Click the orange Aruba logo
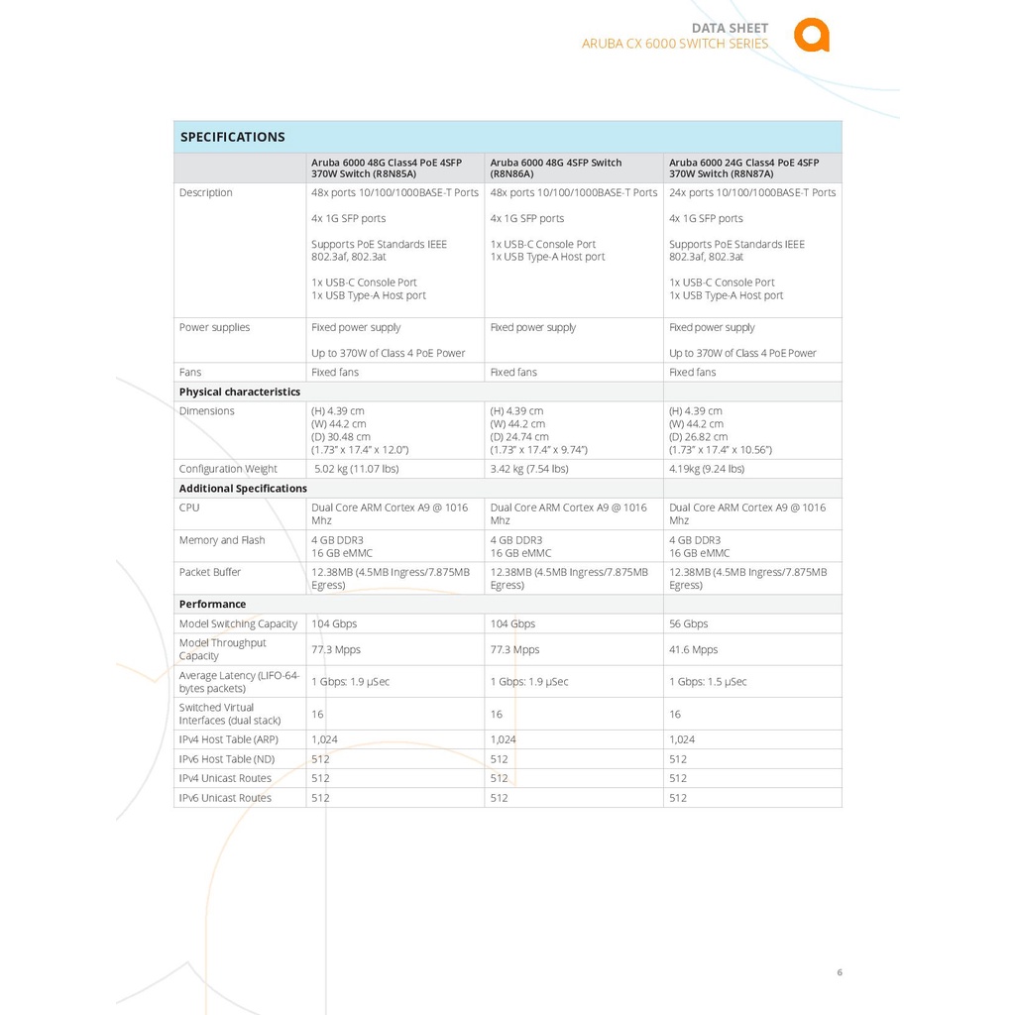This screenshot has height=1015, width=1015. coord(811,35)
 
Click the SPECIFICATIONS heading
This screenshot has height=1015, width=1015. coord(232,137)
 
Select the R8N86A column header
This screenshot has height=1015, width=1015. coord(556,168)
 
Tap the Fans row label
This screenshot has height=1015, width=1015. coord(190,373)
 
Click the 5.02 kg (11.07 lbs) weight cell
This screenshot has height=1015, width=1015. coord(357,469)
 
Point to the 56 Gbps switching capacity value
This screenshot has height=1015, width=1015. coord(689,623)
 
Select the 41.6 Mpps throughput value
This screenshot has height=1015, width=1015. coord(693,650)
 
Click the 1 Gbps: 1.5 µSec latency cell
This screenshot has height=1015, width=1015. coord(708,682)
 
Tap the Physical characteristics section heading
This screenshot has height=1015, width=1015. coord(240,392)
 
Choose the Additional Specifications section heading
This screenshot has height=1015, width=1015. coord(243,489)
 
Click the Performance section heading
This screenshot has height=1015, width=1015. coord(212,604)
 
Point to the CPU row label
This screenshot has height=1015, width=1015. coord(189,507)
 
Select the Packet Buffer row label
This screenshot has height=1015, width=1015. coord(210,572)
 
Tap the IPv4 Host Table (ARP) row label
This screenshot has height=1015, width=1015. coord(229,739)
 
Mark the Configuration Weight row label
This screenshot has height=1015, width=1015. coord(228,469)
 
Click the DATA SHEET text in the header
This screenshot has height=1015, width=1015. coord(730,28)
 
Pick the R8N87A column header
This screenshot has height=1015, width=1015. coord(743,168)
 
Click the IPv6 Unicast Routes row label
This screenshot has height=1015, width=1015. coord(225,798)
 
